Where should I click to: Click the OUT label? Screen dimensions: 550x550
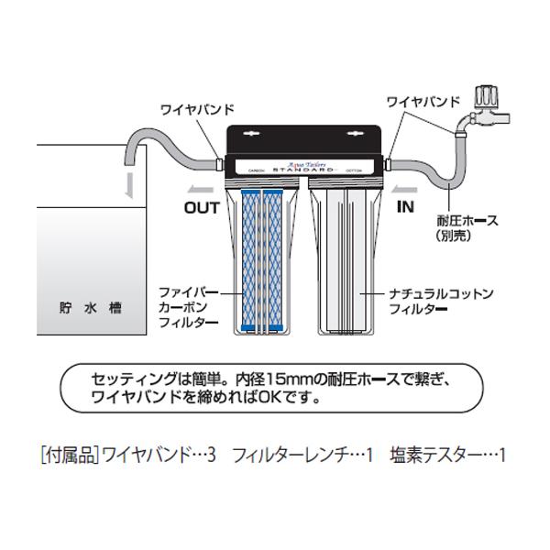[x=202, y=207]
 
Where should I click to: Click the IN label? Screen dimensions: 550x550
[x=405, y=207]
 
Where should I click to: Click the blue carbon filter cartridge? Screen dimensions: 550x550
[x=262, y=261]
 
